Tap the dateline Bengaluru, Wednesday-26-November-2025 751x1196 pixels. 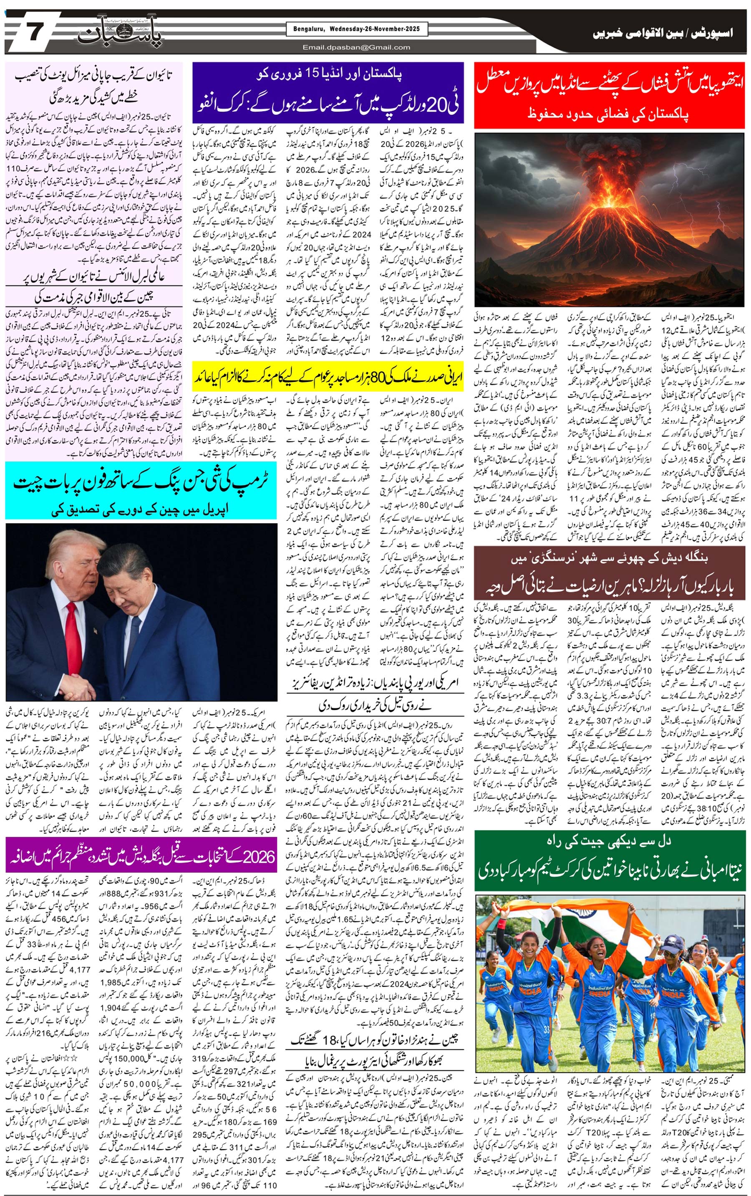353,29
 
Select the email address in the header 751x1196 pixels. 356,48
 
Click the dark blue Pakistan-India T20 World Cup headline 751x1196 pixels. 328,93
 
